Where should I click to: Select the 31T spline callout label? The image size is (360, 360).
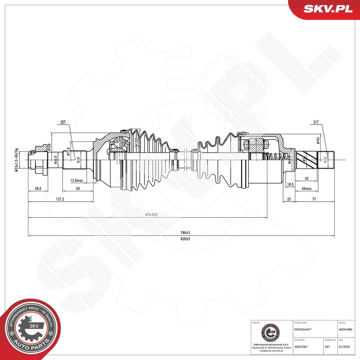click(x=316, y=122)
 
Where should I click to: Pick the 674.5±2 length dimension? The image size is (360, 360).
click(x=151, y=215)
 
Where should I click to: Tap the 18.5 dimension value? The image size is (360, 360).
click(x=291, y=185)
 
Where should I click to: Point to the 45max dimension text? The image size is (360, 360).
click(x=307, y=189)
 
